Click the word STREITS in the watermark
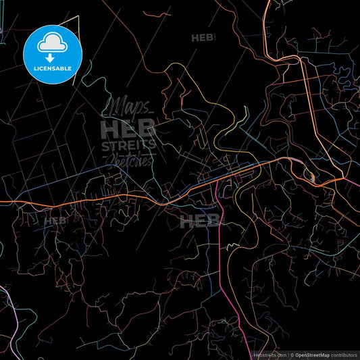coord(128,145)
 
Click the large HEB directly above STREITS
coord(128,128)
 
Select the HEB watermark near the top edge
coord(203,38)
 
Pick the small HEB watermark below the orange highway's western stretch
coord(55,220)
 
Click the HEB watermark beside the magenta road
coord(200,220)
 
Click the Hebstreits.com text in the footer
coord(269,354)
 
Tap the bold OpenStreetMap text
coord(315,354)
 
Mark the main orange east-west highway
coord(81,201)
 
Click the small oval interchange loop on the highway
coord(312,177)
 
